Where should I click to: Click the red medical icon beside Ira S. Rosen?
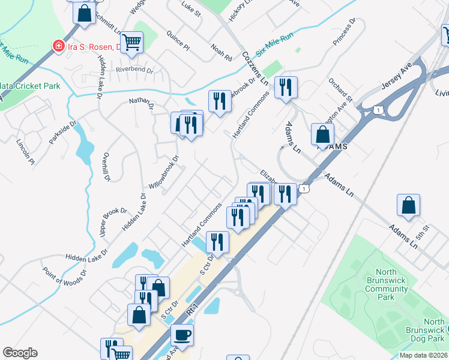[59, 46]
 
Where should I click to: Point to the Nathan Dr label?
[141, 104]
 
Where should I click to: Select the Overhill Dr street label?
[106, 167]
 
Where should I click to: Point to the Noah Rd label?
[221, 52]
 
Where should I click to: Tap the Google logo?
[20, 353]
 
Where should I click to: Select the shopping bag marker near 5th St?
[408, 205]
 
